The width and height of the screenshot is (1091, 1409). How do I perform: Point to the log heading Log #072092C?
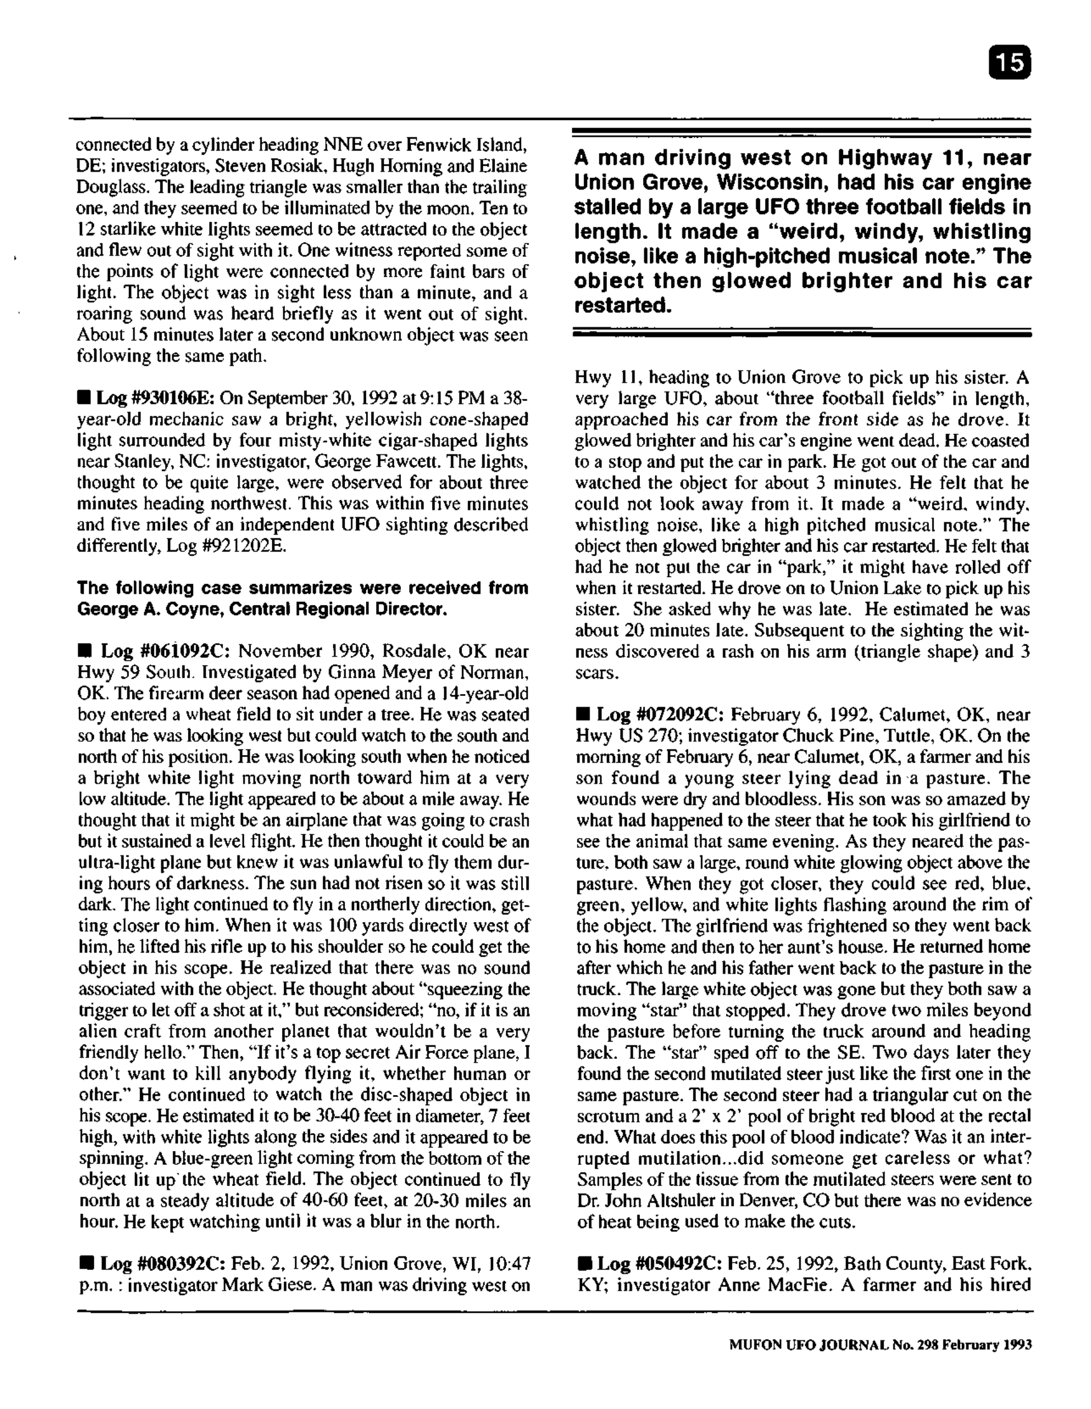pos(661,715)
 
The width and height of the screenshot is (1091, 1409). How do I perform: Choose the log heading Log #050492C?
pos(660,1263)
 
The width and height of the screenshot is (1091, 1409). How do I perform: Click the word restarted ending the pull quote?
pos(622,306)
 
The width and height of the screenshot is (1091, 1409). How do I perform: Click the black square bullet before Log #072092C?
pos(583,716)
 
